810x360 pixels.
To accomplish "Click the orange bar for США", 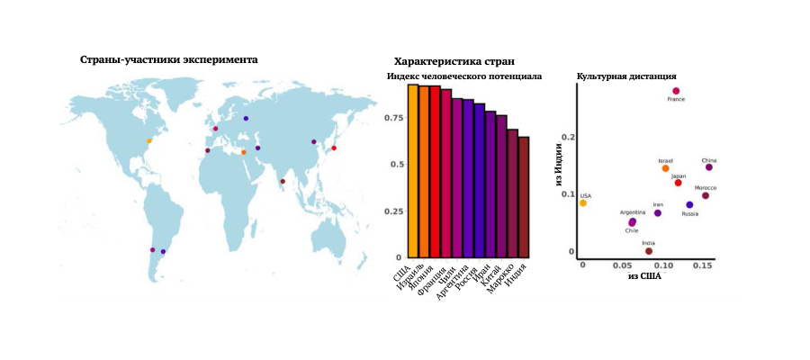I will coord(413,171).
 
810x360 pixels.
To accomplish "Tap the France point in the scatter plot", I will coord(676,91).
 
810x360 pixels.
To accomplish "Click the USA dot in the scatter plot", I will coord(583,202).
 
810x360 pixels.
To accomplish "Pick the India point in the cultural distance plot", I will coord(649,251).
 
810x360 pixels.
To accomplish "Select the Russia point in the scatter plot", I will coord(689,205).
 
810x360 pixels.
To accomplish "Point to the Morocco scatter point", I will coord(706,195).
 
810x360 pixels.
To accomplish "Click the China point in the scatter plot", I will coord(709,167).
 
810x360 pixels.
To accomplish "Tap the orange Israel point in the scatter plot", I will coord(665,168).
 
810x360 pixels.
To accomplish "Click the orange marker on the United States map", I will coord(149,140).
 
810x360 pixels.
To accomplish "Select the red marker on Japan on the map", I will coord(334,148).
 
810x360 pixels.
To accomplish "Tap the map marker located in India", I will coord(283,182).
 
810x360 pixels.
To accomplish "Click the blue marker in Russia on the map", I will coord(246,118).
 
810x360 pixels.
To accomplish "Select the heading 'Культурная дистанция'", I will coord(626,76).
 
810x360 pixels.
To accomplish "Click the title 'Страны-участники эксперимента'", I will coord(168,59).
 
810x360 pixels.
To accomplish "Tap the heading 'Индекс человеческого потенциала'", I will coord(463,76).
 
